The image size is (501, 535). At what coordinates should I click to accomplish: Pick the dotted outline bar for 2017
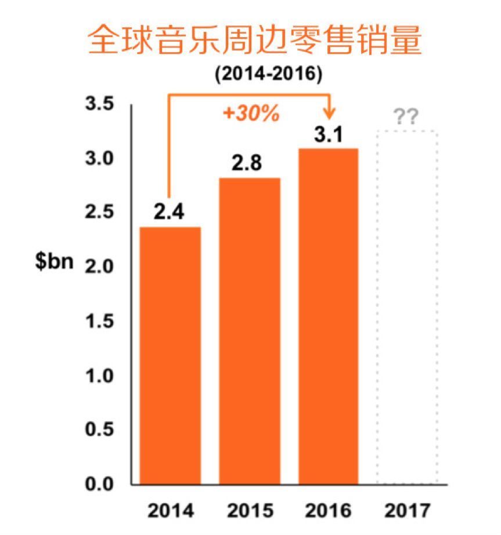406,307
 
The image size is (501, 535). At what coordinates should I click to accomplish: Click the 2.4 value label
169,212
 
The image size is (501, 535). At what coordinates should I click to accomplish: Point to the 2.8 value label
248,163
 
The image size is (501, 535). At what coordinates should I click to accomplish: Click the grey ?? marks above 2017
406,118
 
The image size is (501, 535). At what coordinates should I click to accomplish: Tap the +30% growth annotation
251,114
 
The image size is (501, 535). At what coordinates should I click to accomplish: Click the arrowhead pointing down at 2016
331,111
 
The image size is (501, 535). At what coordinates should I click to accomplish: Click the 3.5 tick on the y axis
99,104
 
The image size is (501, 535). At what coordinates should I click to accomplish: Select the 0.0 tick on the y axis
99,483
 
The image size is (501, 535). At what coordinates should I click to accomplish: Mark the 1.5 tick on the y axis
99,321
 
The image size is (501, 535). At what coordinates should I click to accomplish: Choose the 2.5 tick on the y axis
99,213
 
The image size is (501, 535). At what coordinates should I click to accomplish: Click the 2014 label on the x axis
171,511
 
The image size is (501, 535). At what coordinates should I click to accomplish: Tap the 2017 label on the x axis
408,511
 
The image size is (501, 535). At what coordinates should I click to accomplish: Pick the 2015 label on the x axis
250,511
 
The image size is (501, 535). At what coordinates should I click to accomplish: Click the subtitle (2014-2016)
268,75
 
